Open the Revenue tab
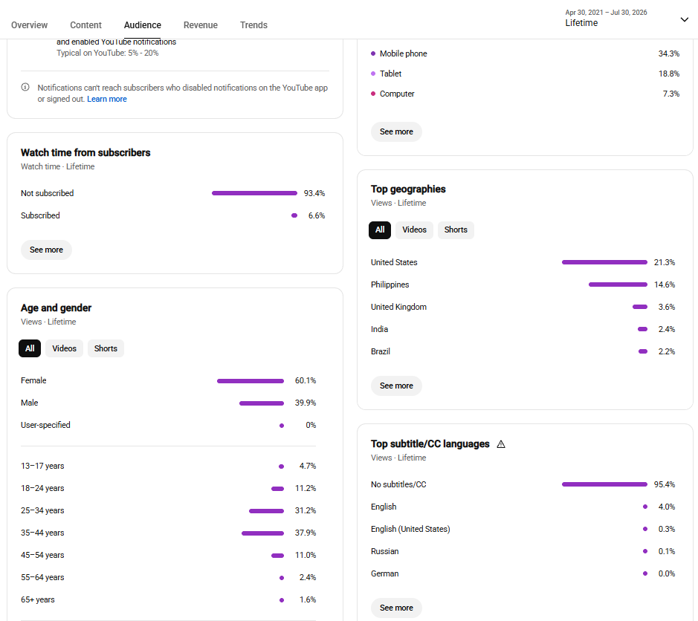tap(200, 25)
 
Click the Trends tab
tap(253, 25)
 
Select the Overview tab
tap(30, 25)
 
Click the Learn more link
tap(107, 99)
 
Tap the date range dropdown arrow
tap(684, 19)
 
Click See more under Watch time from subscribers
tap(46, 250)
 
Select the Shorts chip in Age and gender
tap(106, 348)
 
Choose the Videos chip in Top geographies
tap(414, 230)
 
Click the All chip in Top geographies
tap(380, 230)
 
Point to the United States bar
tap(604, 262)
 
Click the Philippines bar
tap(618, 285)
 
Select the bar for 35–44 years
tap(262, 533)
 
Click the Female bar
tap(251, 381)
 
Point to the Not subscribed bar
tap(255, 193)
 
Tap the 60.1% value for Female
tap(306, 380)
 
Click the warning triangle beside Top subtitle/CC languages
tap(501, 444)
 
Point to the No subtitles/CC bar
tap(604, 484)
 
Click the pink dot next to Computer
tap(373, 94)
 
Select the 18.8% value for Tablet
tap(669, 74)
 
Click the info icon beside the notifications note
tap(25, 87)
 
